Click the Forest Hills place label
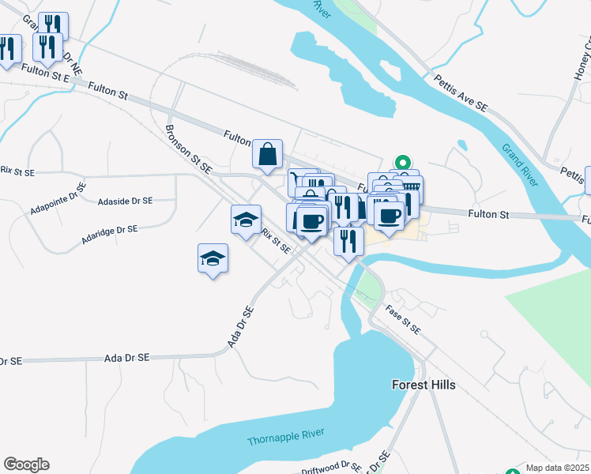click(x=423, y=385)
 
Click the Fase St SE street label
click(x=403, y=318)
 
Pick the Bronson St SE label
click(x=189, y=148)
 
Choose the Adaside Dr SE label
click(x=125, y=201)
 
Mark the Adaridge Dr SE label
click(x=110, y=233)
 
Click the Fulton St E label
click(x=47, y=73)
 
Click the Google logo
click(x=26, y=465)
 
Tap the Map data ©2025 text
click(x=557, y=468)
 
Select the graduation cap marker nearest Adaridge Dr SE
click(x=212, y=258)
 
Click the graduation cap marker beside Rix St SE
click(x=246, y=219)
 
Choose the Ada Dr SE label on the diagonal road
click(x=239, y=326)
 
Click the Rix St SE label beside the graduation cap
click(x=277, y=242)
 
